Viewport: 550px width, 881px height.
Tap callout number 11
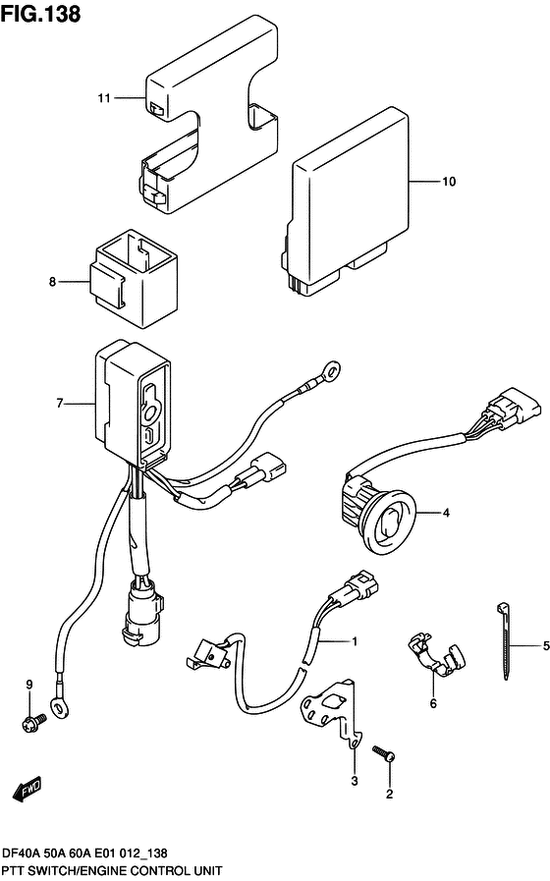tap(103, 97)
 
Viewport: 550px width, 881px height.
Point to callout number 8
tap(53, 283)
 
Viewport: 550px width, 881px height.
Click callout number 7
tap(60, 403)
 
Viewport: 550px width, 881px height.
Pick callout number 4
tap(445, 513)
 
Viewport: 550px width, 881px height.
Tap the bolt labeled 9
tap(28, 725)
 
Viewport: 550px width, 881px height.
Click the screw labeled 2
tap(384, 754)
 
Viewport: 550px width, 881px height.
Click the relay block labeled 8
tap(135, 278)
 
